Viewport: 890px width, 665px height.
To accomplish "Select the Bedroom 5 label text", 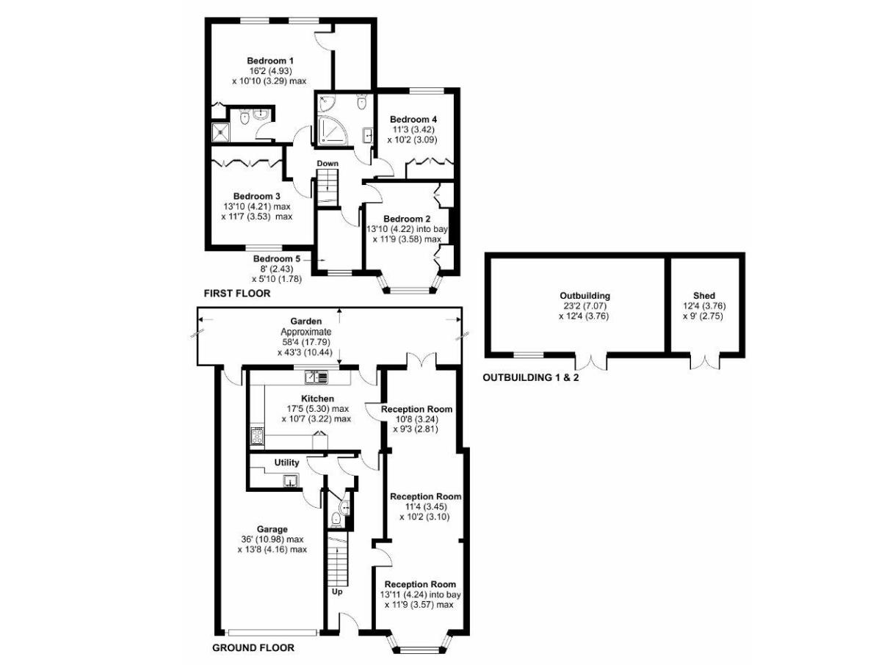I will coord(277,258).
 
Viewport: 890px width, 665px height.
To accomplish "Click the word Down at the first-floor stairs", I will coord(328,163).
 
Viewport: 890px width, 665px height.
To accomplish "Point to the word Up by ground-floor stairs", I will coord(337,591).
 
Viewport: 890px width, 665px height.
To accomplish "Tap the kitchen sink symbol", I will coord(316,378).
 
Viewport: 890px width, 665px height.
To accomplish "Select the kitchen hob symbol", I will coord(258,437).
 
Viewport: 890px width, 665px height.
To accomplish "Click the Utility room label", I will coord(286,463).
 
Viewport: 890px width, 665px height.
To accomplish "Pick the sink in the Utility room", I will coord(292,481).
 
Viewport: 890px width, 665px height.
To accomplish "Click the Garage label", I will coord(272,528).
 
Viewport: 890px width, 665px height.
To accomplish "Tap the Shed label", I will coord(703,296).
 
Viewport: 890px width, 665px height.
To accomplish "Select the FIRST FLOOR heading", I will coord(237,294).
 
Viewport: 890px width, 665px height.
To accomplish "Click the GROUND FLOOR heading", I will coord(253,648).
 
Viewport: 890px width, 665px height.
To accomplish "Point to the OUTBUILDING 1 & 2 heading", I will coord(529,379).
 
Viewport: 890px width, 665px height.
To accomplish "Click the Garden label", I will coord(302,321).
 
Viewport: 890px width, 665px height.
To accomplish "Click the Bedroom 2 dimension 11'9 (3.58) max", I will coord(406,239).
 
